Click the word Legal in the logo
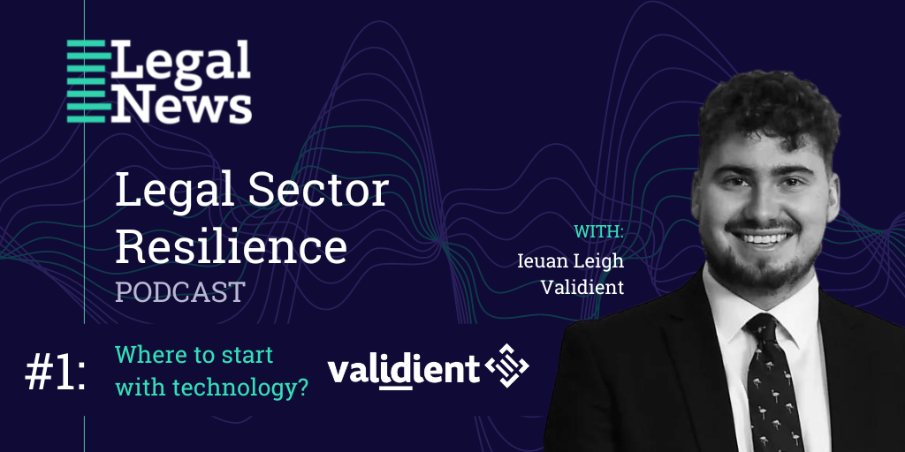point(180,62)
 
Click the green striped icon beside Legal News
point(89,80)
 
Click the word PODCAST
point(180,291)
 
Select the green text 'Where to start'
point(194,355)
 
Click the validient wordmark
point(403,370)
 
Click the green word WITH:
point(599,232)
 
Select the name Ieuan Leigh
point(571,260)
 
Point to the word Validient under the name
point(582,287)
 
